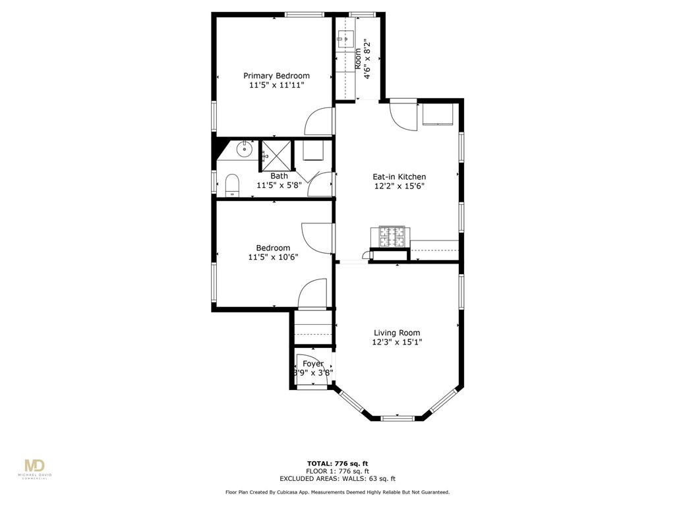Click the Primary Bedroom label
276,76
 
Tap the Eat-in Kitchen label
399,177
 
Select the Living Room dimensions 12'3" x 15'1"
396,342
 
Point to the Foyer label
313,364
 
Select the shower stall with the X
276,156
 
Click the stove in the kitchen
392,237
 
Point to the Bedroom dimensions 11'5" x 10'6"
273,257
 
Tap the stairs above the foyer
312,329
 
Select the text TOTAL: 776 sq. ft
337,464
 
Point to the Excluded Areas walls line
337,479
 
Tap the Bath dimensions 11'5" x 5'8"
278,185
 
